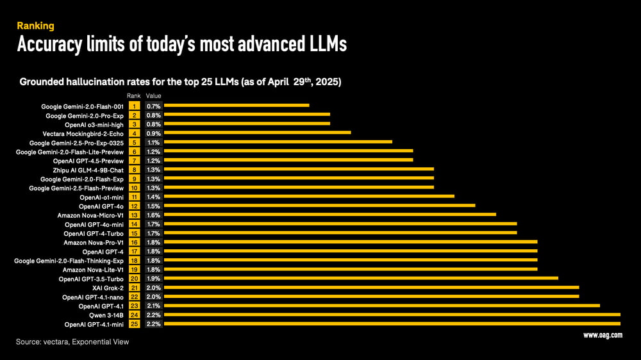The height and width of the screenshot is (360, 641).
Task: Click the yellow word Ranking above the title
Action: tap(35, 26)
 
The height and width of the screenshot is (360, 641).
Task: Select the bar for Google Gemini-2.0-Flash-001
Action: tap(237, 105)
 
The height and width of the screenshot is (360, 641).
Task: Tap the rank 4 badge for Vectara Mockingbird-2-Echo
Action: tap(135, 133)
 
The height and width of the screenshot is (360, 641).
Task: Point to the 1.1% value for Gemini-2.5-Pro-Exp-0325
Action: tap(153, 142)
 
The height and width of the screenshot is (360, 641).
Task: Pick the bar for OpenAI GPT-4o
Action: tap(320, 206)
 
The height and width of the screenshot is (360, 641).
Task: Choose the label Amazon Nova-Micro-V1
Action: tap(90, 215)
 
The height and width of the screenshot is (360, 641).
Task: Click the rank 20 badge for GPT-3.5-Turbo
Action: tap(135, 279)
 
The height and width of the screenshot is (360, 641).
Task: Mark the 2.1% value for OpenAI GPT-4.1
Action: tap(153, 306)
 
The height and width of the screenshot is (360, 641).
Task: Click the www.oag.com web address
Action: tap(603, 335)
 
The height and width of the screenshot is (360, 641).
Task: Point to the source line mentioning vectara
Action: tap(72, 342)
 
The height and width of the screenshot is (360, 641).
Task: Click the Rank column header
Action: tap(134, 95)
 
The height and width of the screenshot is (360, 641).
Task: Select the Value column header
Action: tap(153, 95)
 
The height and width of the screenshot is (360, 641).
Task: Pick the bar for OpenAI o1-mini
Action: tap(310, 197)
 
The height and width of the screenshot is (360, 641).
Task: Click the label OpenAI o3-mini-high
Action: tap(94, 124)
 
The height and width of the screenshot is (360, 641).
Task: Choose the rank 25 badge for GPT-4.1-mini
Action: tap(135, 324)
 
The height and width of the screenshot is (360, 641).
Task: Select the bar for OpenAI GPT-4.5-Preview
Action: tap(288, 160)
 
